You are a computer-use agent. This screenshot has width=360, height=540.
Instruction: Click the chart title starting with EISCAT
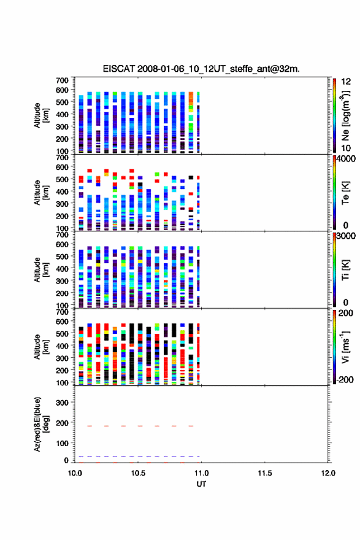(201, 69)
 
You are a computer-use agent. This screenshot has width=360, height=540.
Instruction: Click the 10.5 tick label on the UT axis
(138, 473)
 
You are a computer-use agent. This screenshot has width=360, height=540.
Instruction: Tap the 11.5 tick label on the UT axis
(265, 473)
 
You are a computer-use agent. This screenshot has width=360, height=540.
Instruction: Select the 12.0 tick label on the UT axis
(328, 473)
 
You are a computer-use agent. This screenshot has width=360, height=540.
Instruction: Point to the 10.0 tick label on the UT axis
(75, 473)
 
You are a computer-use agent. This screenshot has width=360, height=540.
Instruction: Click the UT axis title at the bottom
(201, 484)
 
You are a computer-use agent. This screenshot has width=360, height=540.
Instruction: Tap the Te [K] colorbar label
(346, 193)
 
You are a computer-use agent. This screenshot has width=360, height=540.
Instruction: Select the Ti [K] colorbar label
(346, 270)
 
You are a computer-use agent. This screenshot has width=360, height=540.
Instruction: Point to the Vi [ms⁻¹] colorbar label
(346, 347)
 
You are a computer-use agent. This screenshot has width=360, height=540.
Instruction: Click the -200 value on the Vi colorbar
(344, 379)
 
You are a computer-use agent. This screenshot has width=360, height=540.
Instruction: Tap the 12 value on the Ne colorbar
(346, 82)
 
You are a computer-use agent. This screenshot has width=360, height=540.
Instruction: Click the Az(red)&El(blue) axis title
(40, 424)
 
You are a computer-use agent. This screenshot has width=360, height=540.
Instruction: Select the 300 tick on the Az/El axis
(62, 403)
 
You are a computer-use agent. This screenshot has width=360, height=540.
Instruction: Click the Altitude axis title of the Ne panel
(40, 115)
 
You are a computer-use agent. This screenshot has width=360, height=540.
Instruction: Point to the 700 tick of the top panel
(62, 80)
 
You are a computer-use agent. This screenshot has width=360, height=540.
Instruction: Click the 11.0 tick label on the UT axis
(201, 473)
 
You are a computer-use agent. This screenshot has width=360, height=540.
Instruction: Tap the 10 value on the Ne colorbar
(346, 148)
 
